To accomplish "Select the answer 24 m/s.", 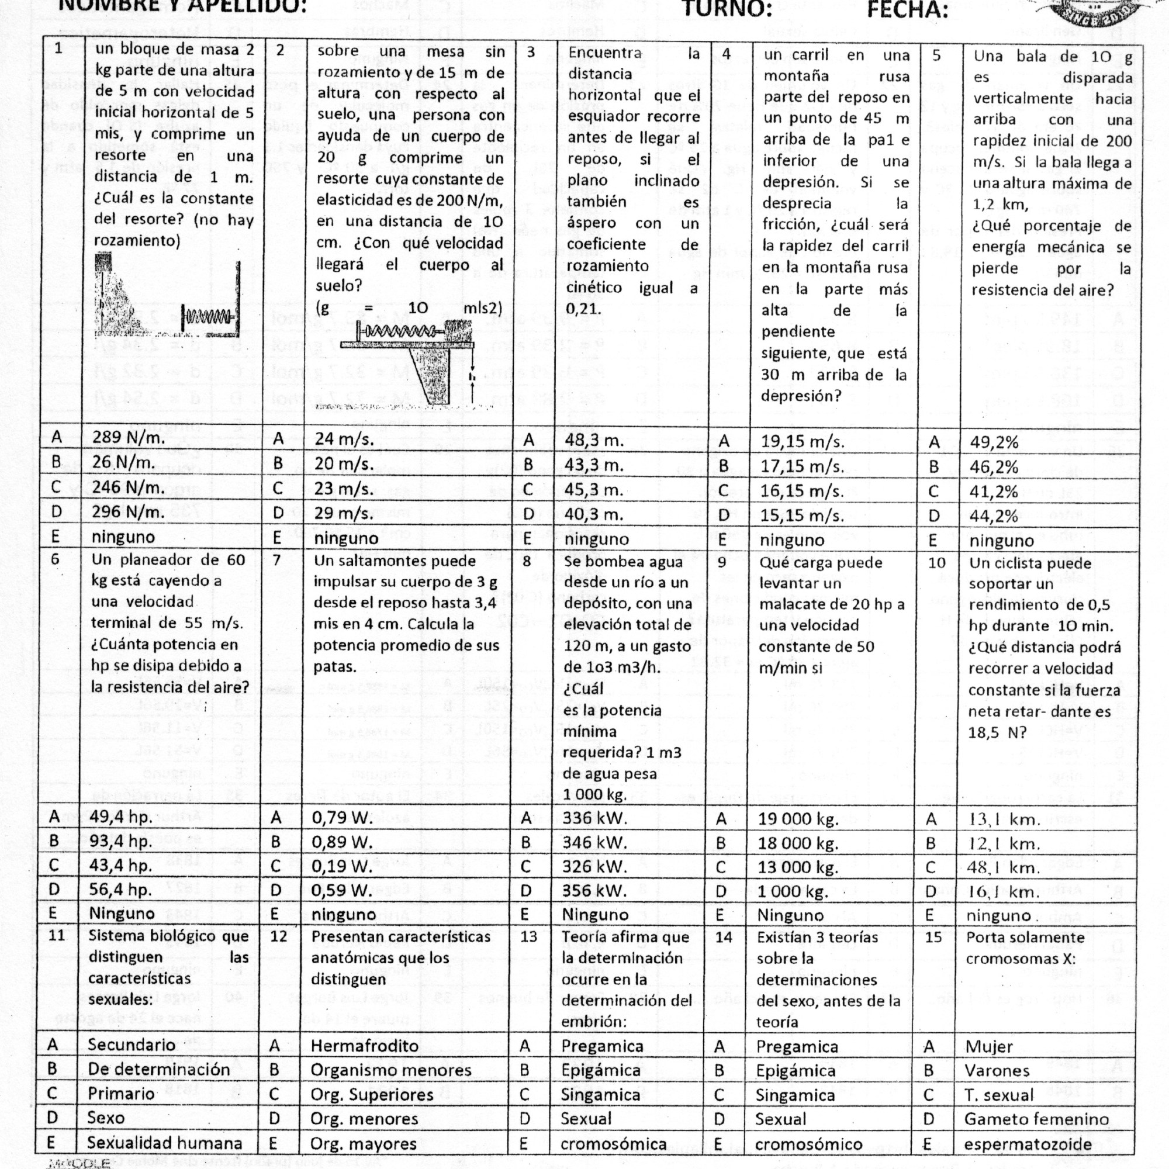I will coord(344,440).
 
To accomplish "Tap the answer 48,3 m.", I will coord(594,441).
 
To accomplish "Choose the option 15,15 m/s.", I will coord(802,516).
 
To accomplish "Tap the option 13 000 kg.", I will coord(798,867).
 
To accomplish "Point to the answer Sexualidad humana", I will coord(165,1143).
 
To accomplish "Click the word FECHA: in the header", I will coord(907,9).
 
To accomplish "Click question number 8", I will coord(527,561).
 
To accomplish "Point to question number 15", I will coord(934,938).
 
